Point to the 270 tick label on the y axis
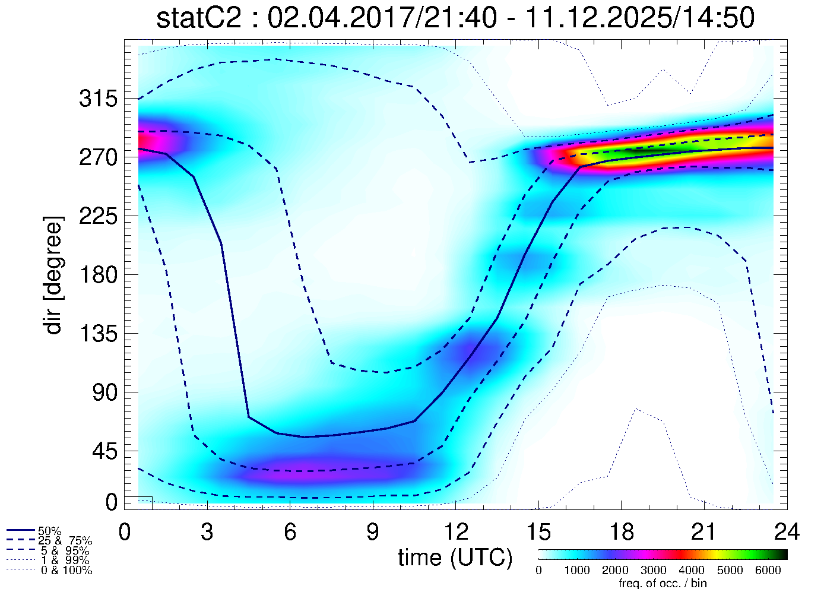pyautogui.click(x=98, y=157)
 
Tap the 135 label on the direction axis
pyautogui.click(x=98, y=334)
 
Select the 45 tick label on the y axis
pyautogui.click(x=106, y=451)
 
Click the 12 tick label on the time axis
pyautogui.click(x=455, y=532)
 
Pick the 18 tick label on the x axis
pyautogui.click(x=621, y=532)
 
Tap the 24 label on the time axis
pyautogui.click(x=787, y=532)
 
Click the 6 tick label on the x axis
pyautogui.click(x=290, y=532)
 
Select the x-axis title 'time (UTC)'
pyautogui.click(x=455, y=558)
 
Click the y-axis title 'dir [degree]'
pyautogui.click(x=53, y=275)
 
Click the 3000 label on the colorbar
pyautogui.click(x=653, y=571)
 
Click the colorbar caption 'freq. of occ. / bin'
pyautogui.click(x=663, y=583)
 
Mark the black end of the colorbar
pyautogui.click(x=782, y=555)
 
